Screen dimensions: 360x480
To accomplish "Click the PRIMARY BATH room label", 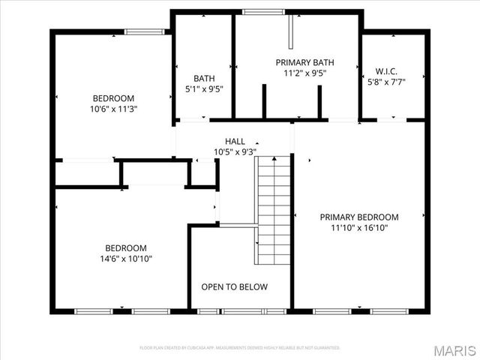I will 304,62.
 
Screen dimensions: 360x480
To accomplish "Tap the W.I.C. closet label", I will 386,72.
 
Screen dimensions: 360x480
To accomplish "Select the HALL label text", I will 235,141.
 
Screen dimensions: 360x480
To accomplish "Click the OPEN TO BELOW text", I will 234,286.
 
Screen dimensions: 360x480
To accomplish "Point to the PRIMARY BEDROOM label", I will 359,217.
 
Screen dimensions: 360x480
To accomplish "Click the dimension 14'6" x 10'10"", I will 125,259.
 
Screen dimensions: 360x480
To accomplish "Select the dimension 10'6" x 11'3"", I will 113,109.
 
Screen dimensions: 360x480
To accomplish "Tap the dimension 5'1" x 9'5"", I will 203,88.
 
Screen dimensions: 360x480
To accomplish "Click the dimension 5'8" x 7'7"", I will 386,82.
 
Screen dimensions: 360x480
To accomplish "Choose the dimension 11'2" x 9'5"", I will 304,73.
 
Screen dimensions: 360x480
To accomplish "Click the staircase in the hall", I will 273,210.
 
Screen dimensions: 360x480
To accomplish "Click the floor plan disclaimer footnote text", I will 240,348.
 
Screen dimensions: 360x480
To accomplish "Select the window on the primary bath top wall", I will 259,11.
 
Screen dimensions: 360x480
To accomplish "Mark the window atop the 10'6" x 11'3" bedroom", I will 145,31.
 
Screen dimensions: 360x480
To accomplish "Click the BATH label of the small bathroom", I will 203,78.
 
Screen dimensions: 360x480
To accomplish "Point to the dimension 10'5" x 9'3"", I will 235,151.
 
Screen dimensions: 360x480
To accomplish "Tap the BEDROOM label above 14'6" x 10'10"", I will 125,248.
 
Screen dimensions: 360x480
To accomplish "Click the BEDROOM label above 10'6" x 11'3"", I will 113,98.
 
